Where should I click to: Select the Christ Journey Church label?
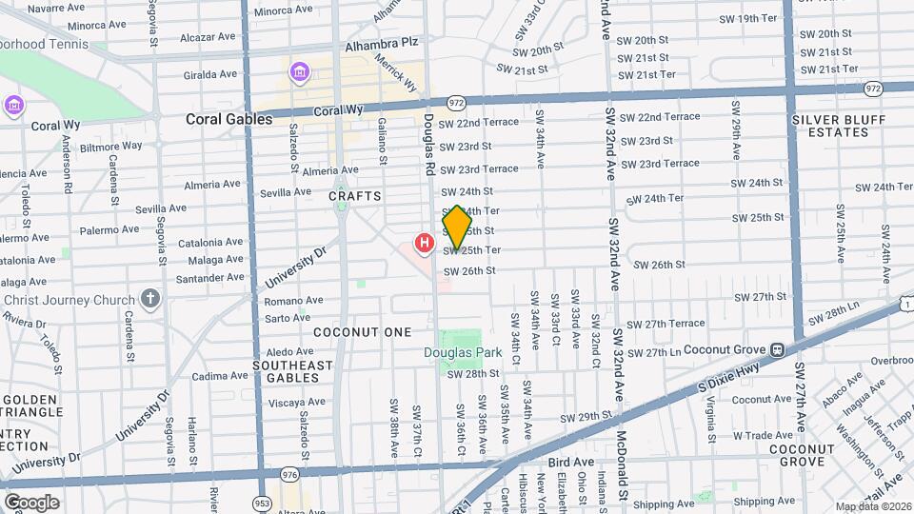pos(70,301)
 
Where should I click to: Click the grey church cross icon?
pos(149,299)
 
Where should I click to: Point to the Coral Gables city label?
pos(228,119)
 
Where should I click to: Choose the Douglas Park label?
pos(463,352)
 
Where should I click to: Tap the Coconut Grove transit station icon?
pos(777,349)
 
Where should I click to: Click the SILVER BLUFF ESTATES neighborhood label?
pos(838,126)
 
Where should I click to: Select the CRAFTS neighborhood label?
pos(355,196)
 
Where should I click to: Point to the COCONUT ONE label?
pos(363,332)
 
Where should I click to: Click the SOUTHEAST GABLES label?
pos(293,371)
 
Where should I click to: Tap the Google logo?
pos(31,502)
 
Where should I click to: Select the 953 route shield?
pos(262,502)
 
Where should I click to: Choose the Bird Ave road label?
pos(570,462)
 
